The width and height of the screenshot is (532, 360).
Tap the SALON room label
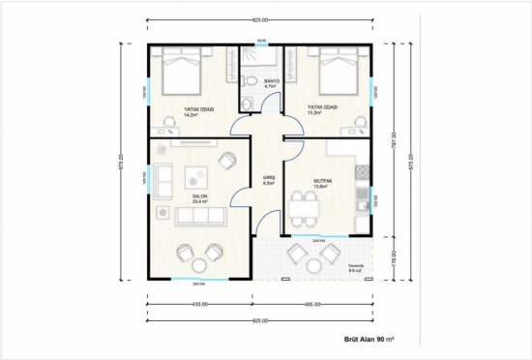199,196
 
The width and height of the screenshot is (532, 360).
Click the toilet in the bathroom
249,105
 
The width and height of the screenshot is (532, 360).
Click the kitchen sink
362,200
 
